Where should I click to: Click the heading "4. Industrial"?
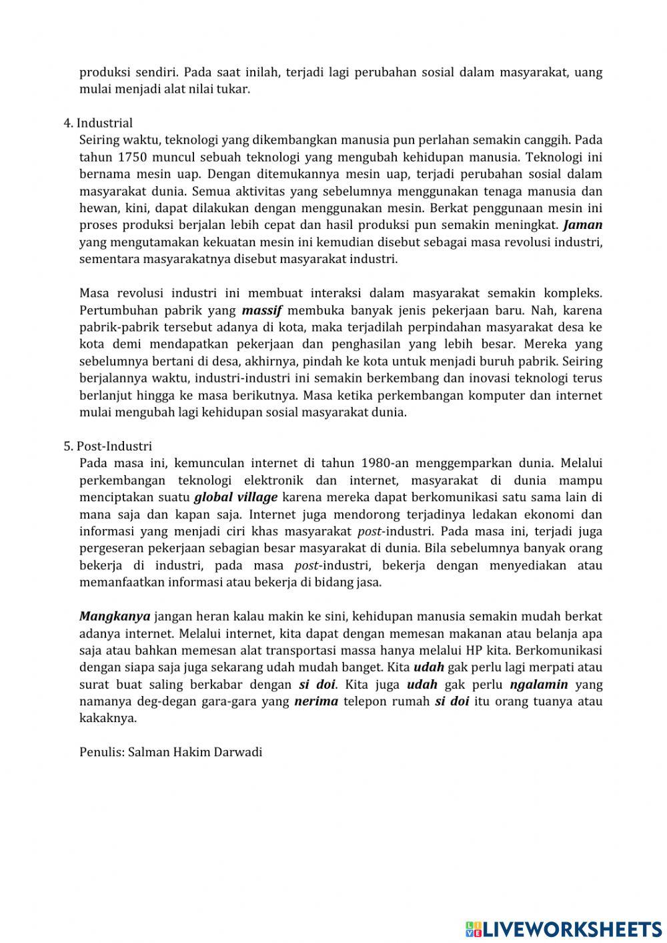pos(98,123)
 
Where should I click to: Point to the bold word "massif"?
pos(262,310)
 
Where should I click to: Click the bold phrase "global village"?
pos(235,497)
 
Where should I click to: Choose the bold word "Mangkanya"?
pos(115,616)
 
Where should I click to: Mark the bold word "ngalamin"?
pos(538,684)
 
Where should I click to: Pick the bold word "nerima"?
pos(315,701)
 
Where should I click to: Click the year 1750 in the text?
pos(131,158)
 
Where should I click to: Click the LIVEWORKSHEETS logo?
pos(564,928)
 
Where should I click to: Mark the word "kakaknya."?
pos(108,718)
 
